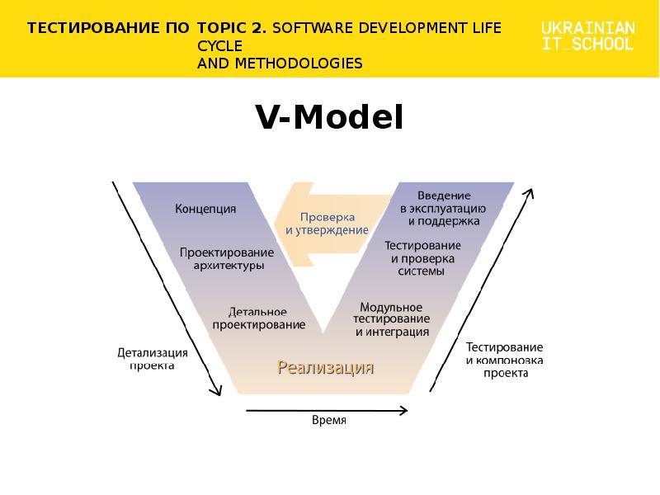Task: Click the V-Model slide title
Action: tap(329, 117)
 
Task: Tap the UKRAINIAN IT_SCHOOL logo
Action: tap(587, 35)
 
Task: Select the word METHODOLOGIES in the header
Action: tap(299, 64)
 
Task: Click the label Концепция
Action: tap(205, 209)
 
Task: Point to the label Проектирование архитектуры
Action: tap(227, 259)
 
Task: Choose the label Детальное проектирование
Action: tap(258, 318)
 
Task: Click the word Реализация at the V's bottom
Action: tap(325, 368)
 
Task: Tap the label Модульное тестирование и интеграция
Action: tap(391, 319)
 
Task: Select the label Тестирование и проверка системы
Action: tap(422, 258)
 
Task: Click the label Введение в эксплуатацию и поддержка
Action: tap(443, 209)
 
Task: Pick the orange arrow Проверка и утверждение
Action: tap(332, 224)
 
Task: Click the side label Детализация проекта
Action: tap(153, 359)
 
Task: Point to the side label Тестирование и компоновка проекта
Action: tap(504, 360)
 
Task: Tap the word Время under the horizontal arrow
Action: tap(329, 420)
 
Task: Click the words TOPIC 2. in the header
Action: tap(232, 28)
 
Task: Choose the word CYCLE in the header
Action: tap(219, 46)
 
